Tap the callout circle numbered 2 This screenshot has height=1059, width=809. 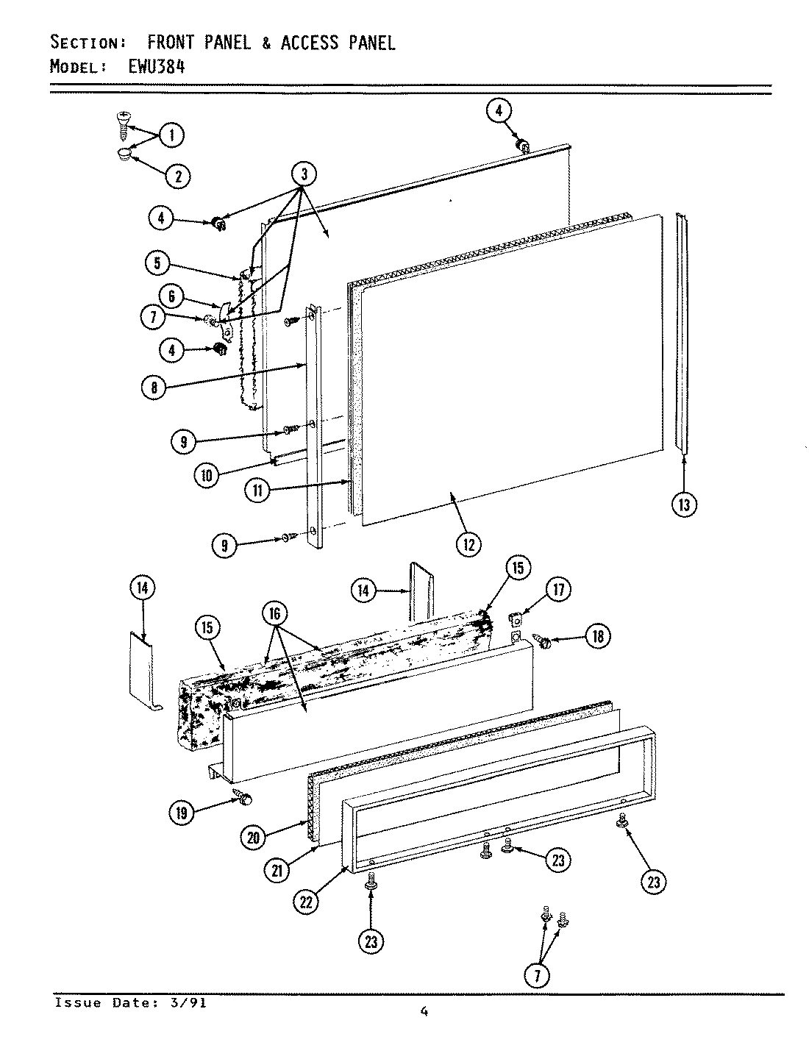coord(177,175)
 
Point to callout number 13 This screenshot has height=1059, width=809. coord(684,504)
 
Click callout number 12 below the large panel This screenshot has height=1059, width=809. coord(468,545)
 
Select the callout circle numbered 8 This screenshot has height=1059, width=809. coord(153,388)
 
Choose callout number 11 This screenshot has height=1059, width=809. coord(258,491)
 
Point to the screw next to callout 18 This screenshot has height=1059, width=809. coord(545,642)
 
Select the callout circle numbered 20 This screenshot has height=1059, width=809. coord(254,837)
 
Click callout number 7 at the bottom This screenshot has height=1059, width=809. coord(538,975)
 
